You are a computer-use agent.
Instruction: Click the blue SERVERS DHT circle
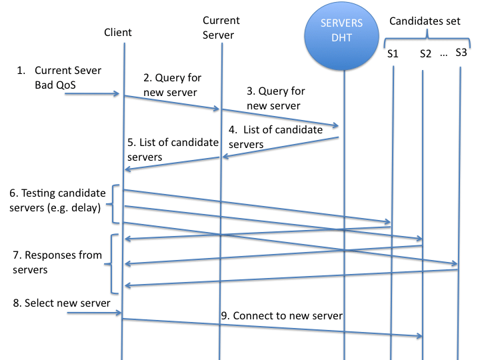(x=343, y=30)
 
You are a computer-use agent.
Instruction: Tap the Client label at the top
(x=118, y=32)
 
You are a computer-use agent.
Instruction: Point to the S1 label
(x=393, y=53)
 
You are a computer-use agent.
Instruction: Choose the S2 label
(x=426, y=53)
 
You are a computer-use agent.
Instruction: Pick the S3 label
(x=461, y=51)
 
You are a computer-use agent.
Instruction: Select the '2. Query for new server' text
(x=173, y=85)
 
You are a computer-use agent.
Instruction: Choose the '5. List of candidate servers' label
(x=173, y=149)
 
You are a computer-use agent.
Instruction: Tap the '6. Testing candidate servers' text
(x=58, y=199)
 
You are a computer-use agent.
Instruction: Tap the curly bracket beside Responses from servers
(x=113, y=264)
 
